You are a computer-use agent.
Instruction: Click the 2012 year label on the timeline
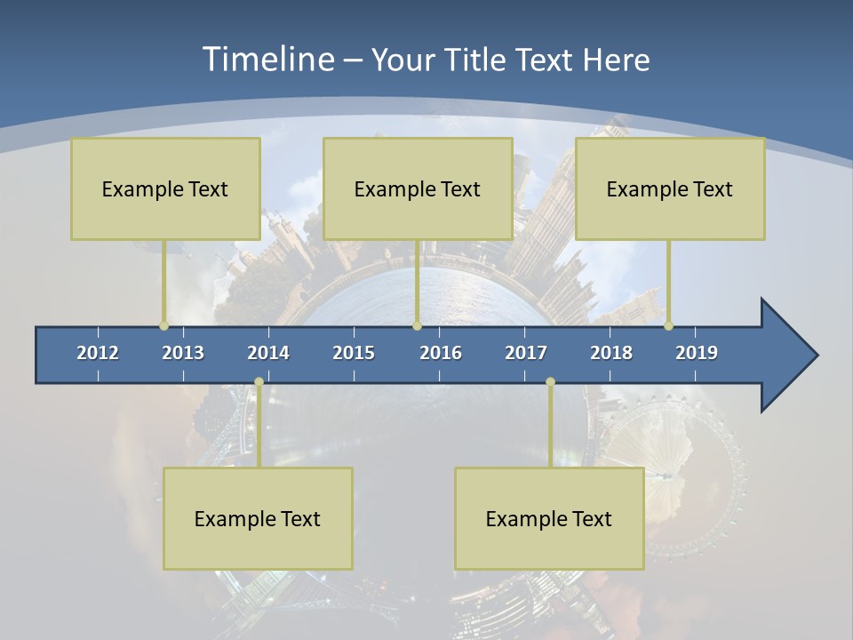coord(98,353)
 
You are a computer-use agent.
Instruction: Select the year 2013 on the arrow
coord(183,353)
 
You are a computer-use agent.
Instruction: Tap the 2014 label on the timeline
coord(268,353)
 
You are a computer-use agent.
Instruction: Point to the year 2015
coord(354,353)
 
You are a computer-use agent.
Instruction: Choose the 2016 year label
coord(441,353)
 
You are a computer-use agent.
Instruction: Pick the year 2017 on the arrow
coord(526,353)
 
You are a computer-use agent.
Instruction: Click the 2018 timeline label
coord(611,353)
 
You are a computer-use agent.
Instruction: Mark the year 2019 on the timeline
coord(697,353)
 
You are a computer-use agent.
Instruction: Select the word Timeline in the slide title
coord(267,60)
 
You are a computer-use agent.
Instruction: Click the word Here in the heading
coord(616,60)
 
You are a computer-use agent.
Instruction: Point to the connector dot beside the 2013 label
coord(163,325)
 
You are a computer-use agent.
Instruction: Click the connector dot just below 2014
coord(259,382)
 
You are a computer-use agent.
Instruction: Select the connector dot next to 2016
coord(417,325)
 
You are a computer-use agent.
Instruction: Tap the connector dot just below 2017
coord(550,382)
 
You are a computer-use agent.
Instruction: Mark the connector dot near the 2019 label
coord(668,325)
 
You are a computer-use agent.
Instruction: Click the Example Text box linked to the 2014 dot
coord(258,518)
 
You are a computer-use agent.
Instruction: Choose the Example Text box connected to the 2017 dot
coord(549,518)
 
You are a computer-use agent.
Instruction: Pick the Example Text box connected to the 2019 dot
coord(670,188)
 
